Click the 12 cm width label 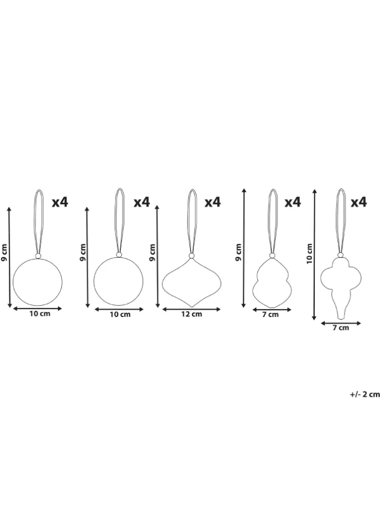192,314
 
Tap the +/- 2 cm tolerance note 364,394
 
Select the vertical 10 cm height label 310,253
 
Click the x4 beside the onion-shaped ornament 213,202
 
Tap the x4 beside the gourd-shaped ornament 293,202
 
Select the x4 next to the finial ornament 359,202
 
